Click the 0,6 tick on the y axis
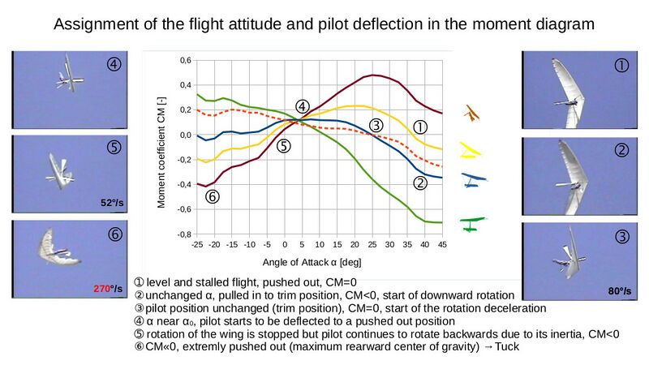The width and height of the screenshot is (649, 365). point(185,61)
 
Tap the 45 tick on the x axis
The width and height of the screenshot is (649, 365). point(442,244)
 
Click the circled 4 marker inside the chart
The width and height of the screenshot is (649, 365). point(302,106)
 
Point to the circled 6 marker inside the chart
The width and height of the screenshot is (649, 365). point(213,196)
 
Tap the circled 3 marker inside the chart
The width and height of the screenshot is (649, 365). point(376,125)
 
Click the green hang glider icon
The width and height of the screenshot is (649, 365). point(472,220)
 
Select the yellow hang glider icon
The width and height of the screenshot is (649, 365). point(471,148)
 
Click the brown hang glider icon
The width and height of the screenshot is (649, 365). point(469,113)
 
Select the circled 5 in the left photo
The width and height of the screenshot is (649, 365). point(114,148)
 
